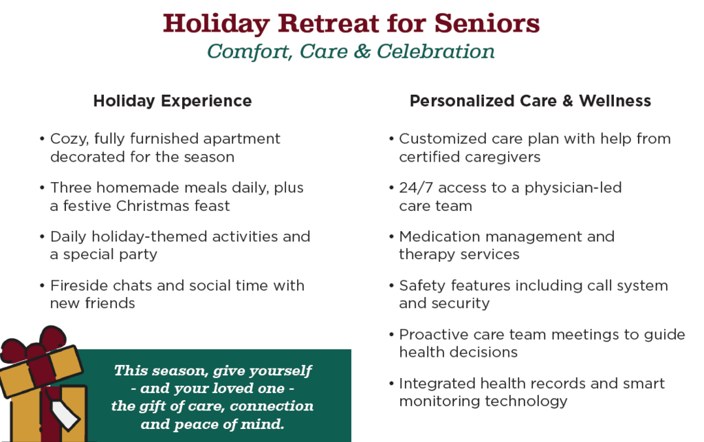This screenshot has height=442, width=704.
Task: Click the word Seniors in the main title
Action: (x=487, y=23)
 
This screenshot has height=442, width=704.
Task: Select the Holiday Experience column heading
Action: (x=173, y=102)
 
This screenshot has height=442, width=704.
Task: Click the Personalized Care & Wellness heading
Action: (x=530, y=101)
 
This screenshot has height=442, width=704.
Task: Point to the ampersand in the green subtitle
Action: (x=362, y=51)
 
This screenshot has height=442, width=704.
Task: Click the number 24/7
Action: (x=416, y=188)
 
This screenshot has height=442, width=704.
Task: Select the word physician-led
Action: (x=573, y=188)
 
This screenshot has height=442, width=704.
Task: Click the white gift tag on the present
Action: (x=66, y=415)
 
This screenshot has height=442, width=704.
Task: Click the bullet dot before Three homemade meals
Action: (x=42, y=188)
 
